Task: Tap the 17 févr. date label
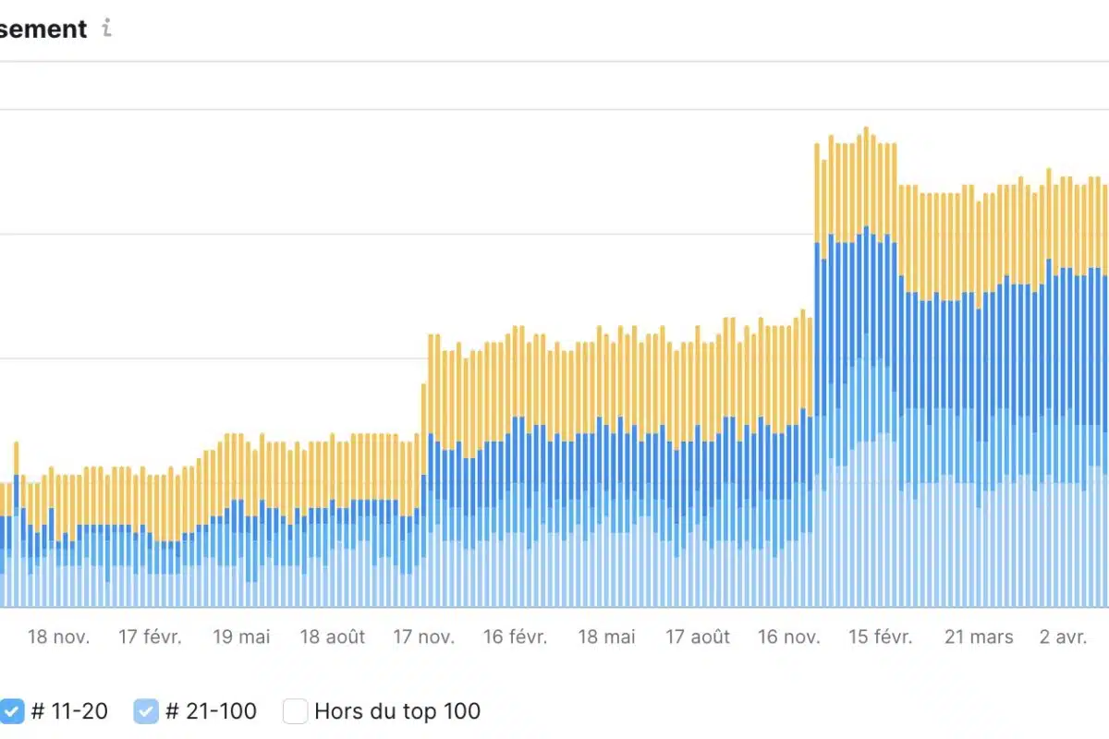tap(151, 637)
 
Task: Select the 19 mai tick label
tap(241, 637)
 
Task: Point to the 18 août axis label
tap(333, 637)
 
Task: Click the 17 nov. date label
tap(423, 637)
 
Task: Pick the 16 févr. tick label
tap(516, 637)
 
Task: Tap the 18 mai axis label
tap(607, 637)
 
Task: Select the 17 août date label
tap(698, 637)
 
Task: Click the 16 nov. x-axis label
tap(788, 637)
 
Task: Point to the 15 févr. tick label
tap(880, 637)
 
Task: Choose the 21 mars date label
tap(979, 637)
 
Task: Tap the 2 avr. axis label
tap(1063, 637)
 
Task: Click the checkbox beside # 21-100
tap(146, 711)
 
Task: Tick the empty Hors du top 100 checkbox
tap(295, 711)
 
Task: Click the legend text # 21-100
tap(211, 711)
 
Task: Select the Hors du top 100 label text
tap(397, 711)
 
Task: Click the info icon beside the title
tap(106, 29)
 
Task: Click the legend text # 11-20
tap(69, 711)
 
